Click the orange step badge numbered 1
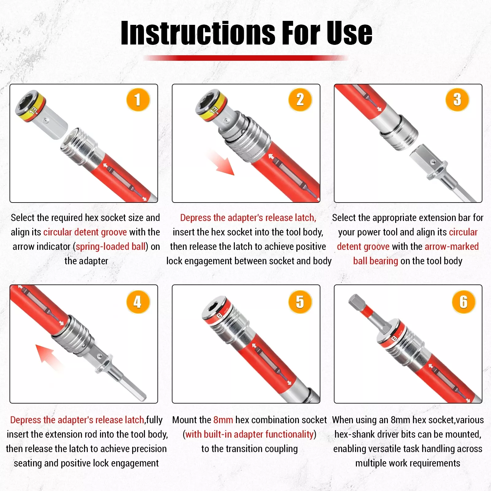coord(138,100)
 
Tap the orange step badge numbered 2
coord(300,100)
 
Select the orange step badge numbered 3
coord(457,100)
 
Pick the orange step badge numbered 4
coord(138,302)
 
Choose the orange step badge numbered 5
coord(300,302)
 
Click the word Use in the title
coord(349,33)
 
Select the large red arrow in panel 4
coord(49,357)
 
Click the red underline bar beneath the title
coord(245,58)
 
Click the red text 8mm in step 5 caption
coord(223,420)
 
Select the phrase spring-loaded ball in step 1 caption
coord(110,247)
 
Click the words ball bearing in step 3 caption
coord(376,261)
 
